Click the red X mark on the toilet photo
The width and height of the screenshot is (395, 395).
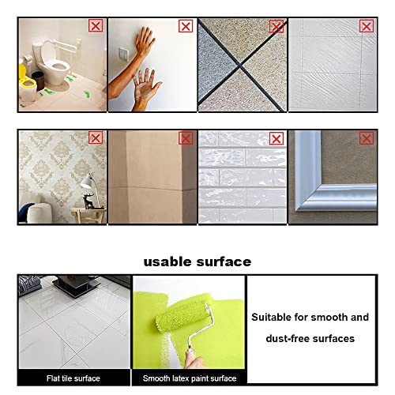96,26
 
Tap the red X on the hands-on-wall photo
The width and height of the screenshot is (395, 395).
186,26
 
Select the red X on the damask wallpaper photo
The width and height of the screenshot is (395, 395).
96,137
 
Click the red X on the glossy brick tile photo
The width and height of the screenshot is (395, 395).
276,138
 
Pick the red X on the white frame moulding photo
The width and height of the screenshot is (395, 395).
367,138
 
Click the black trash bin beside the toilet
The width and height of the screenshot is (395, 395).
38,81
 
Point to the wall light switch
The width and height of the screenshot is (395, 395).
123,54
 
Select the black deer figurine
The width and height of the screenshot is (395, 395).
88,201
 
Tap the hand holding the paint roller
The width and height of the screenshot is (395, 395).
194,359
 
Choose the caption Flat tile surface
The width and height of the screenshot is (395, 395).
73,378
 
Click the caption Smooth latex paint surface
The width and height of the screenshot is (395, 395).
190,378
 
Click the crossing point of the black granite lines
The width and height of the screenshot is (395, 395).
240,65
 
